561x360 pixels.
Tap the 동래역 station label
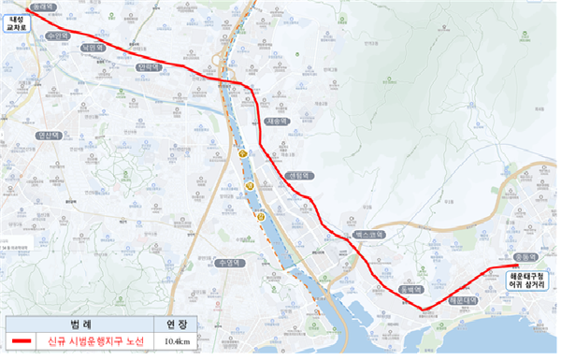click(44, 7)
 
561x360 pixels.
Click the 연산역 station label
click(49, 135)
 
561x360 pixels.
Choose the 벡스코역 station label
click(368, 235)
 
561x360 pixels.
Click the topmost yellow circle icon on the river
click(243, 151)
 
